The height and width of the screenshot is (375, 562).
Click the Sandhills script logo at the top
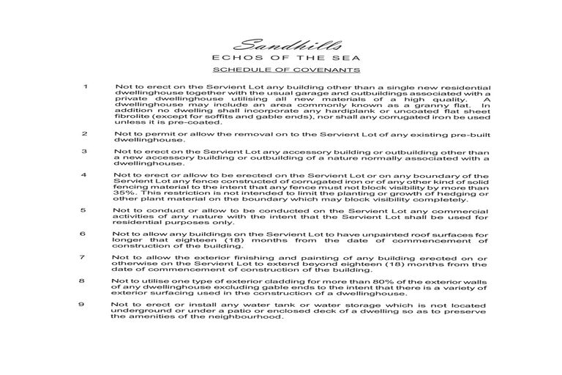(280, 45)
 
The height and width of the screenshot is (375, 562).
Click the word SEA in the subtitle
(337, 58)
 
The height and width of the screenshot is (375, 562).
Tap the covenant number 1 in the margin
(86, 87)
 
